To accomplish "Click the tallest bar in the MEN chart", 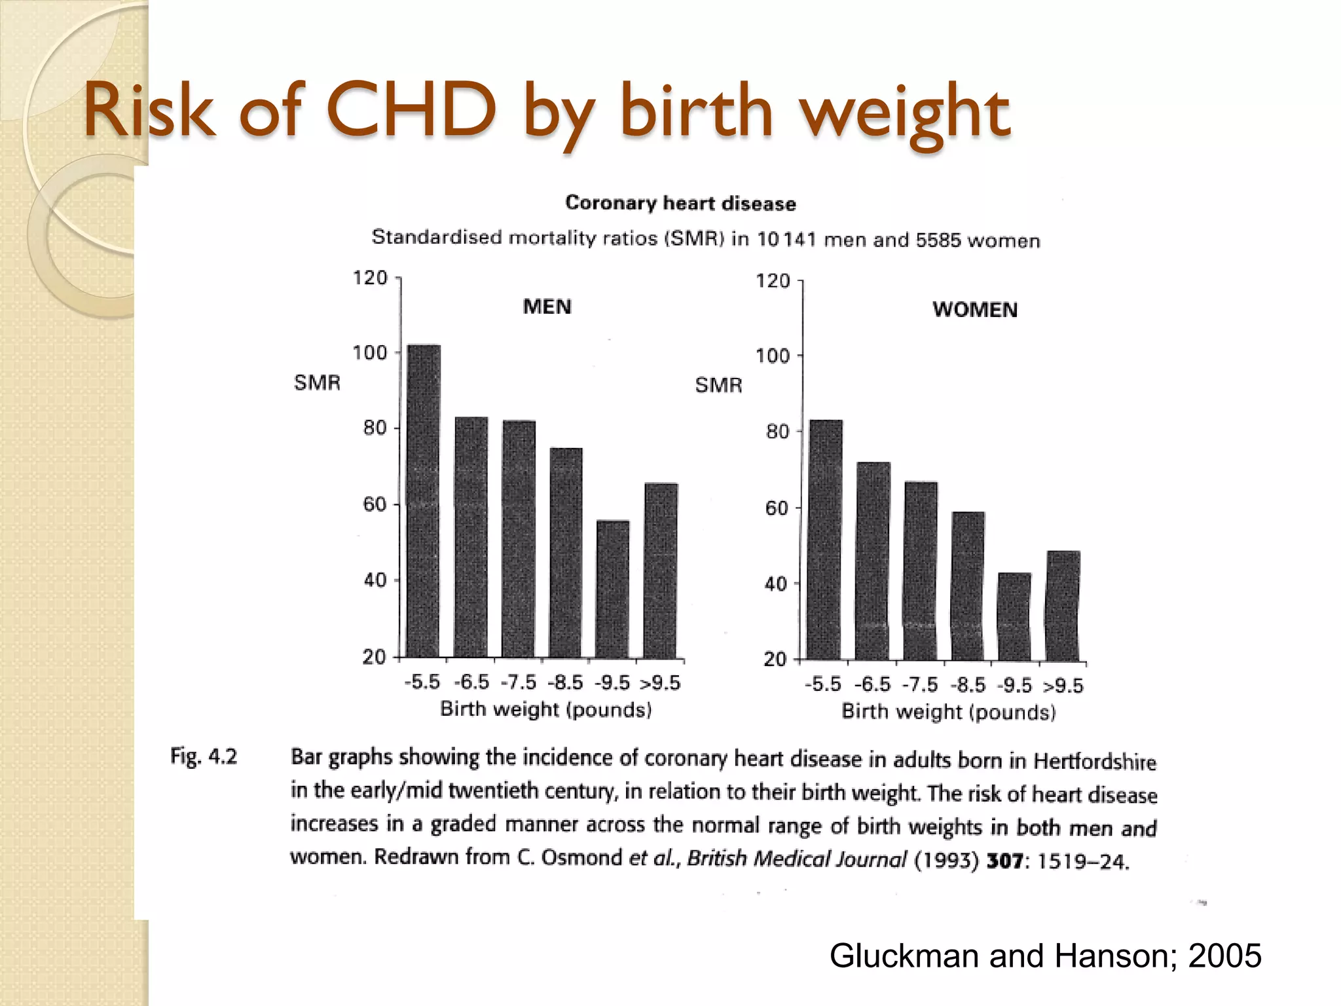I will pyautogui.click(x=424, y=501).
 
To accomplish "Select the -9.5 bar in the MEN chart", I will pyautogui.click(x=613, y=589).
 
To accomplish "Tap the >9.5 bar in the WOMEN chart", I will pyautogui.click(x=1063, y=605).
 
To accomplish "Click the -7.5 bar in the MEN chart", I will pyautogui.click(x=519, y=538).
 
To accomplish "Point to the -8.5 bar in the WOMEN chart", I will pyautogui.click(x=968, y=586).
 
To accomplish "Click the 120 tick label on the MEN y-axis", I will pyautogui.click(x=370, y=278).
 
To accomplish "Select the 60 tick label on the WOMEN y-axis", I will pyautogui.click(x=777, y=508).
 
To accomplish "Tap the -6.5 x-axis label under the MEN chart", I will pyautogui.click(x=471, y=682).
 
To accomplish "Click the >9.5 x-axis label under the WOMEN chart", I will pyautogui.click(x=1063, y=686).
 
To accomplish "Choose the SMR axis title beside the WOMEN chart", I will pyautogui.click(x=718, y=385).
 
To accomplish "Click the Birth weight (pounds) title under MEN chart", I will pyautogui.click(x=545, y=709).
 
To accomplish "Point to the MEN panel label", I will pyautogui.click(x=547, y=307).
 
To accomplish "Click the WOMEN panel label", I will pyautogui.click(x=974, y=310).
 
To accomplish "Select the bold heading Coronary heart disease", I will pyautogui.click(x=680, y=203).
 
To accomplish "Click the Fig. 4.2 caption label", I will pyautogui.click(x=204, y=756).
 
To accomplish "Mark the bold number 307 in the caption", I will pyautogui.click(x=1004, y=860).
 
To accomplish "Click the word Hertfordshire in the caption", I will pyautogui.click(x=1094, y=761).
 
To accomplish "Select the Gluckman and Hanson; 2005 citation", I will pyautogui.click(x=1045, y=956).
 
